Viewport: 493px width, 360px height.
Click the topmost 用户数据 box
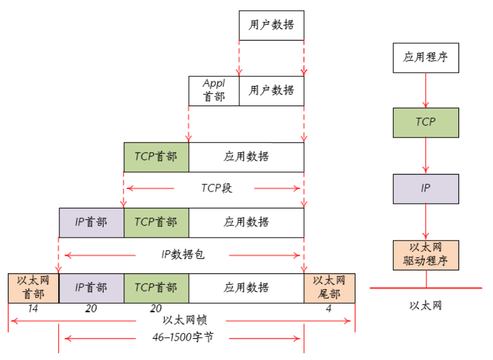pos(271,25)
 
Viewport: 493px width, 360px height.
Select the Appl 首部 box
pos(214,91)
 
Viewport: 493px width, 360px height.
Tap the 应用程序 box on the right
pos(426,58)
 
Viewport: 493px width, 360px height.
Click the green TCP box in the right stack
pos(426,122)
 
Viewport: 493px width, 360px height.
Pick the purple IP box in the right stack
pos(426,189)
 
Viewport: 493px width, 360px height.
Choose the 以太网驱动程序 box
pos(426,255)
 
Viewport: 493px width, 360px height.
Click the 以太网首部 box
pos(33,288)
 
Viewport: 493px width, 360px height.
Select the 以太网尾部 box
pos(329,288)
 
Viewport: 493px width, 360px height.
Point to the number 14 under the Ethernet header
pos(33,308)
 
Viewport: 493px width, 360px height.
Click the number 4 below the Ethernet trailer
pos(329,308)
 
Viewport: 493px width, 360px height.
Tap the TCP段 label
pos(217,188)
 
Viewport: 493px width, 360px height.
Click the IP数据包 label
pos(183,255)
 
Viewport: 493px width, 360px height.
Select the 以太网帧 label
pos(185,320)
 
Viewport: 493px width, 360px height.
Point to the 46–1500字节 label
pos(183,338)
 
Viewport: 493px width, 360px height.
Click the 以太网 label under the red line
pos(426,305)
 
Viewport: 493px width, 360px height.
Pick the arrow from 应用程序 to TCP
pos(426,90)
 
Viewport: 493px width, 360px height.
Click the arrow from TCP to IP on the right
pos(426,155)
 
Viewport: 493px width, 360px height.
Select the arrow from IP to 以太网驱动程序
pos(426,222)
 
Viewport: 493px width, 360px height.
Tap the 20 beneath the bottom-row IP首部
pos(91,308)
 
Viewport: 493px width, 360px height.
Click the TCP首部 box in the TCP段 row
pos(156,157)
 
